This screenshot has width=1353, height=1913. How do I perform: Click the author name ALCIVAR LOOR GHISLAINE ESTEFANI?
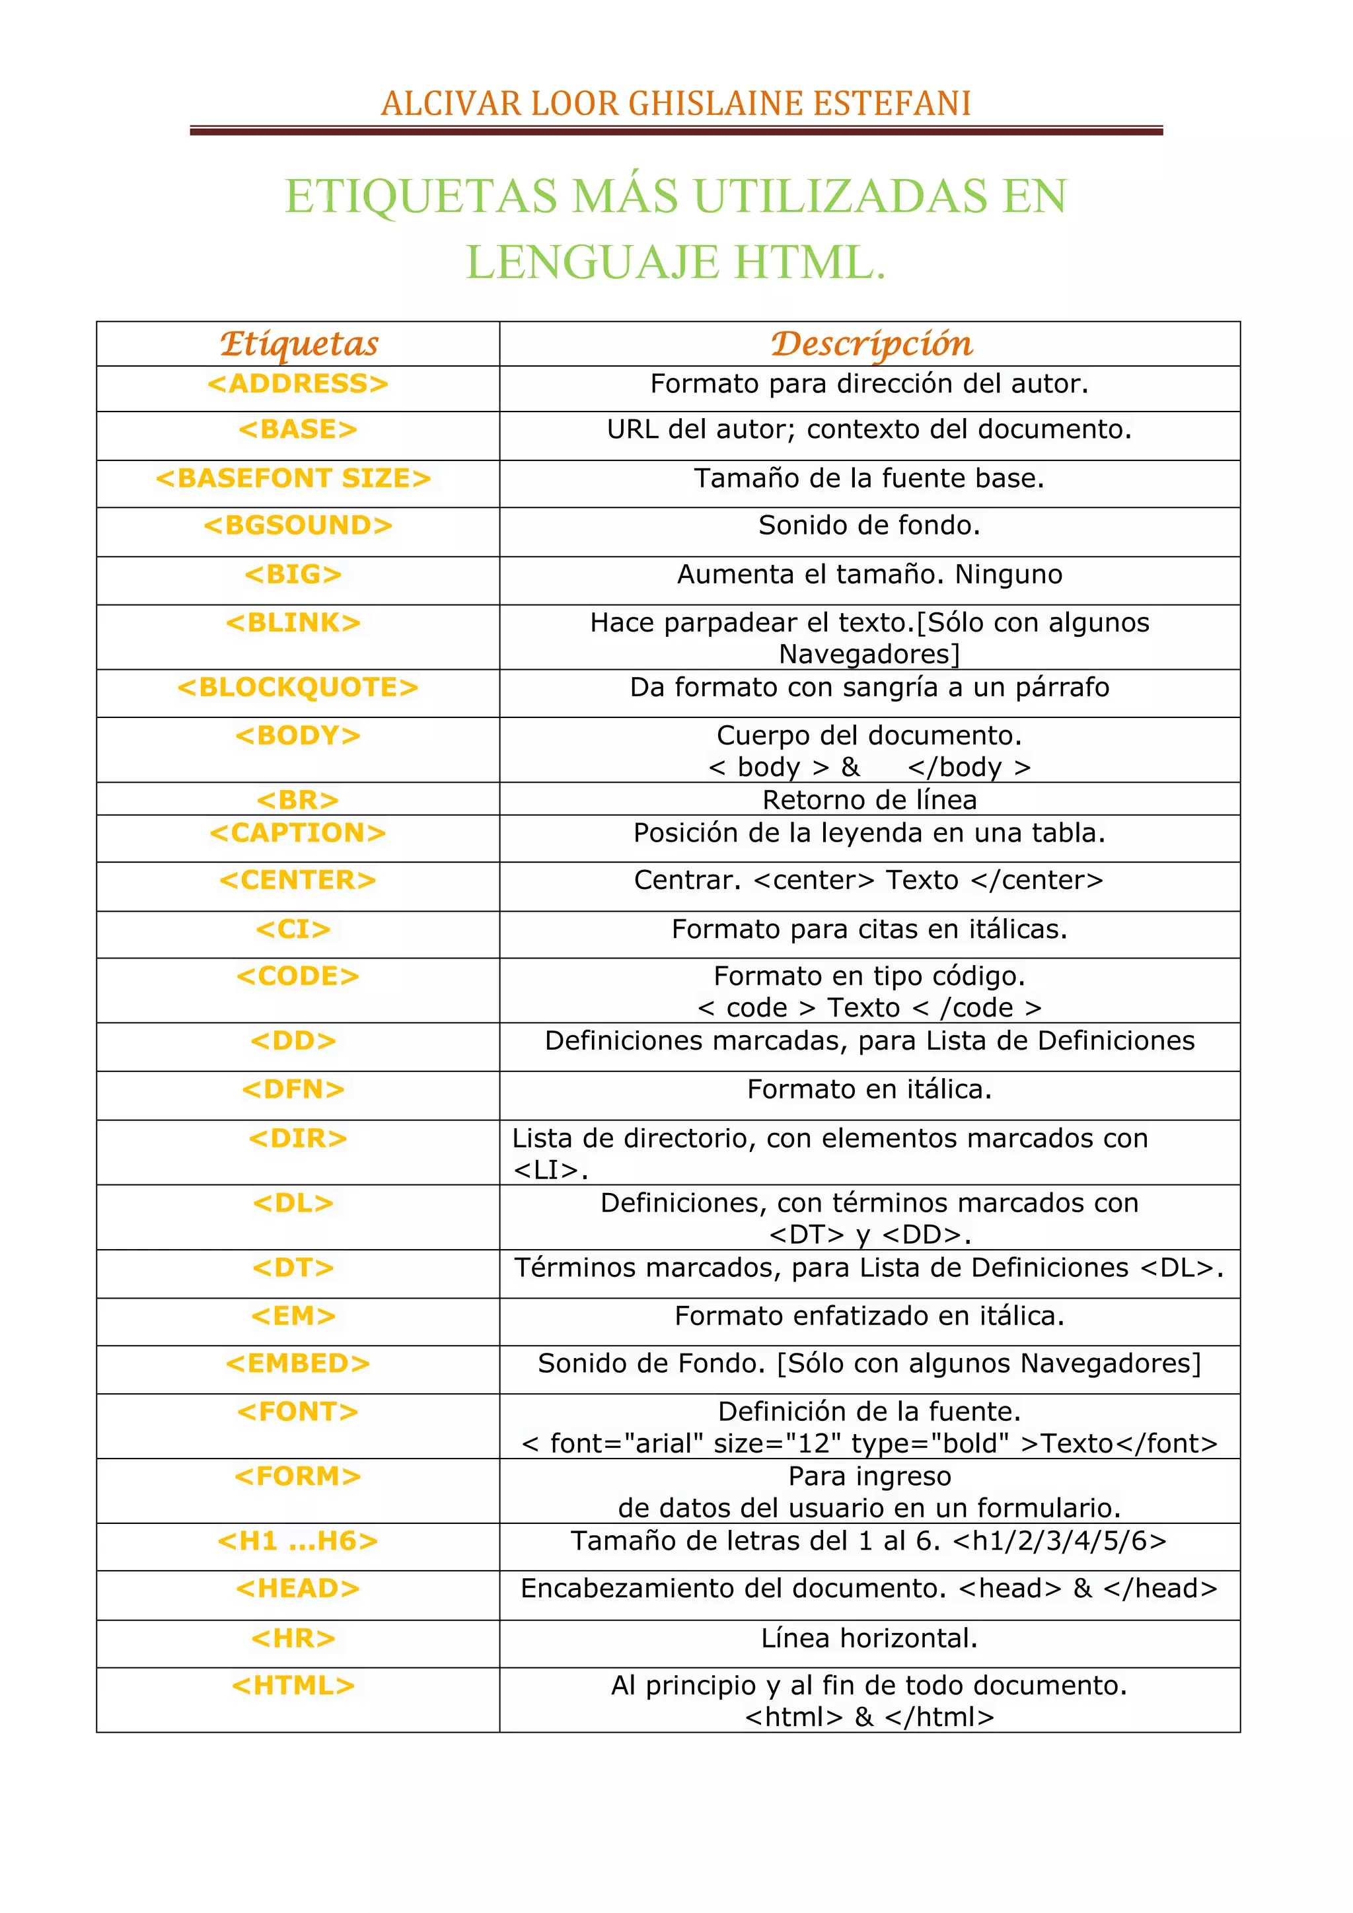[x=676, y=103]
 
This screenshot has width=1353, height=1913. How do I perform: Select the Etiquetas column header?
[x=298, y=343]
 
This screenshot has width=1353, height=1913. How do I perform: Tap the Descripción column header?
[x=871, y=343]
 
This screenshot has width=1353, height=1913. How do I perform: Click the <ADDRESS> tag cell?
[x=297, y=383]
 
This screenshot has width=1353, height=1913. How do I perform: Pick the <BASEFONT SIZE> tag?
[x=293, y=478]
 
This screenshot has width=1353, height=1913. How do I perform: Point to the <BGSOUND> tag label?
[x=297, y=525]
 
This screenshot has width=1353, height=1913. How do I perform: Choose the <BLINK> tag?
[x=293, y=622]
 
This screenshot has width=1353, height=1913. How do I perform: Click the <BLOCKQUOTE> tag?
[x=297, y=688]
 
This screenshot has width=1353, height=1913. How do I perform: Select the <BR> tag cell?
[x=297, y=800]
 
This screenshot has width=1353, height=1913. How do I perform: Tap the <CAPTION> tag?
[x=297, y=832]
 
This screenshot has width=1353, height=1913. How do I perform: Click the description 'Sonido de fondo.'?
[x=869, y=525]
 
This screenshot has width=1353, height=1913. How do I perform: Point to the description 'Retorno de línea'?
[x=869, y=800]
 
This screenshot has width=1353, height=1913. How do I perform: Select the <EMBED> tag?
[x=297, y=1363]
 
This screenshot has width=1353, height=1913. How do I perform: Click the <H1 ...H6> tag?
[x=297, y=1540]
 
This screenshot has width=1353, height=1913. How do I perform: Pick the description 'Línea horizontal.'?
[x=869, y=1638]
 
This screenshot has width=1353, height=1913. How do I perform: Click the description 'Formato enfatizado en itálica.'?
[x=869, y=1316]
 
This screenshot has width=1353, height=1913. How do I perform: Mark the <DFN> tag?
[x=293, y=1089]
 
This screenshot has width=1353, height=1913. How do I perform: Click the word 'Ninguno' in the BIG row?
[x=1008, y=574]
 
